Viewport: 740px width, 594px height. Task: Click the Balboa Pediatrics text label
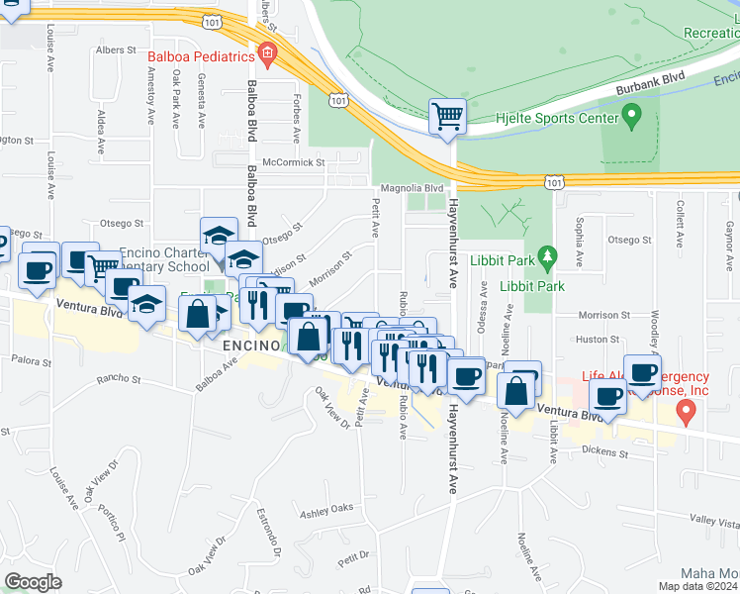pos(202,56)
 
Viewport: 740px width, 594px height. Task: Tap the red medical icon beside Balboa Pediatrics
pos(266,51)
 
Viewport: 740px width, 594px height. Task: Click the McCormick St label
pos(294,161)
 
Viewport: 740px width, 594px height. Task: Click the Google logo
pos(33,581)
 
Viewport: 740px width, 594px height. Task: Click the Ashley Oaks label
pos(326,510)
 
